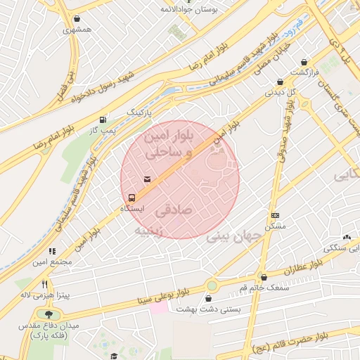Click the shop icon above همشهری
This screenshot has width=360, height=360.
click(x=76, y=19)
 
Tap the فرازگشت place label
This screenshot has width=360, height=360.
click(x=307, y=72)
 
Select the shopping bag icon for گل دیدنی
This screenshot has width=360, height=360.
click(x=281, y=82)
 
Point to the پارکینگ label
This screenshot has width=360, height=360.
click(x=139, y=112)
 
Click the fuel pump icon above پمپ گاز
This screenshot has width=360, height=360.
click(x=104, y=120)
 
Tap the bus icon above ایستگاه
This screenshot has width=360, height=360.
click(x=131, y=197)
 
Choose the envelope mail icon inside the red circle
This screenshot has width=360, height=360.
click(x=147, y=180)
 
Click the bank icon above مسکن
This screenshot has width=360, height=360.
click(x=275, y=215)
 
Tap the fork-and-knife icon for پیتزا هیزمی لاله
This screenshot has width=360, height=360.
click(x=45, y=284)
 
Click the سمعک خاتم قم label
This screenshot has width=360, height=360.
click(x=263, y=288)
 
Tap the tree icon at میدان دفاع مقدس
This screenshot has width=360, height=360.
click(x=47, y=314)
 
